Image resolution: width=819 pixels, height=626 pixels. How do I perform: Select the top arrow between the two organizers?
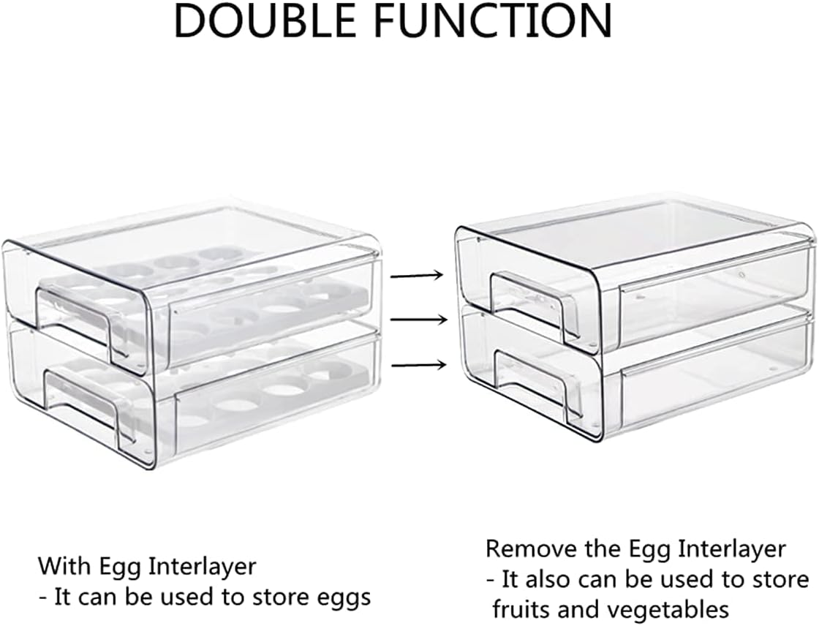pos(418,276)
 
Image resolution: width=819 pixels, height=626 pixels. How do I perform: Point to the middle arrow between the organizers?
pos(418,320)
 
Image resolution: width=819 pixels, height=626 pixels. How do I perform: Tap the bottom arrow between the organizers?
pos(418,365)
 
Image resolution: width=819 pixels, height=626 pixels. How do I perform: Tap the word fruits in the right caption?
pos(521,608)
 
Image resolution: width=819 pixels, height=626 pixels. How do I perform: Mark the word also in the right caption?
pos(552,580)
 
